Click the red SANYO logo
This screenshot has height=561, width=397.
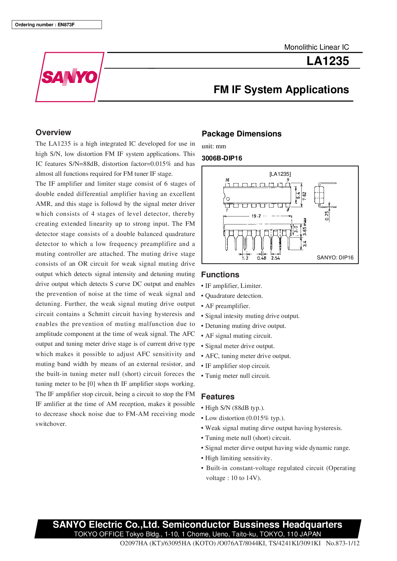tap(69, 77)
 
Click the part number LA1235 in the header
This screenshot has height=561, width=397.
tap(328, 61)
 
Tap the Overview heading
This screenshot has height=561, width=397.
tap(53, 133)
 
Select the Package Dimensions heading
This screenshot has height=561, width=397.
tap(241, 134)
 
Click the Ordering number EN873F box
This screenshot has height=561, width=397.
tap(57, 25)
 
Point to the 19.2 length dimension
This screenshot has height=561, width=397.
tap(256, 216)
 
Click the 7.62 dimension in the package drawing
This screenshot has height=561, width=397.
tap(304, 196)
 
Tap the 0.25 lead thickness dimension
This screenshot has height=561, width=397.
tap(327, 215)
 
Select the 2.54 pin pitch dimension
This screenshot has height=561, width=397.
tap(275, 258)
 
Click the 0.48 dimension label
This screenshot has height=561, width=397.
tap(262, 258)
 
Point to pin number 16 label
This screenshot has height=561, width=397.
tap(227, 180)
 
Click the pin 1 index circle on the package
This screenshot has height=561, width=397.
tap(228, 199)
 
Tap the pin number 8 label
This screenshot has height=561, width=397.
tap(288, 210)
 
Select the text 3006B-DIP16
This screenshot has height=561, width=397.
tap(222, 158)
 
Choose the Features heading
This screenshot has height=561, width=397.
tap(218, 397)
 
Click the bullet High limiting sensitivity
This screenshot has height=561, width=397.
tap(239, 458)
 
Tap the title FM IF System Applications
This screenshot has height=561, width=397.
tap(281, 90)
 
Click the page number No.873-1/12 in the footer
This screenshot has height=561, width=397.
tap(343, 543)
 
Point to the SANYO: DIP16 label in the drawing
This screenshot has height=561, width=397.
tap(335, 257)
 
